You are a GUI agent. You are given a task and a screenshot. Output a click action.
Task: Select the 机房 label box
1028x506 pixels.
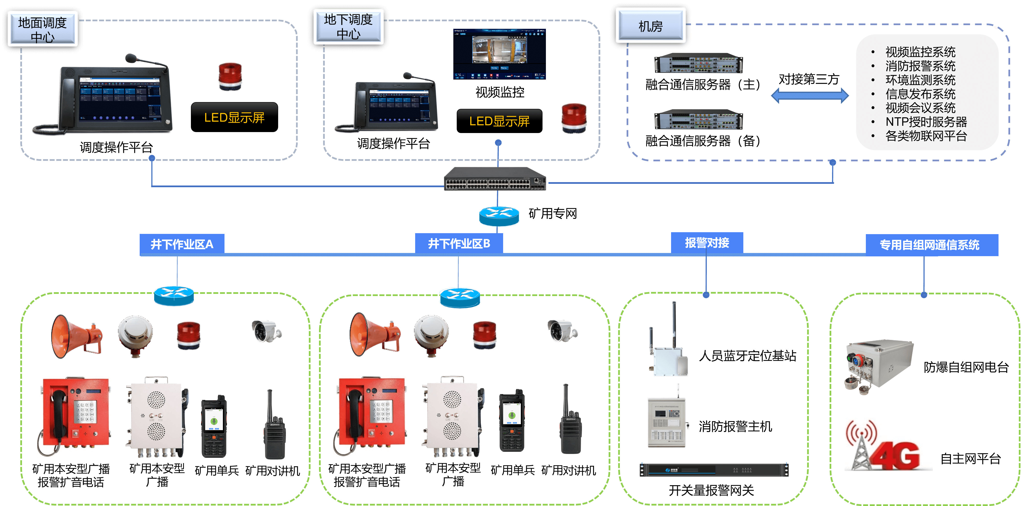click(x=651, y=26)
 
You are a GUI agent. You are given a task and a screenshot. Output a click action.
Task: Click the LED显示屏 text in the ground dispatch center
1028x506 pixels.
click(x=234, y=117)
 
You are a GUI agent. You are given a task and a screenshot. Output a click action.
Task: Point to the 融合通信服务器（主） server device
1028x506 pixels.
click(x=698, y=63)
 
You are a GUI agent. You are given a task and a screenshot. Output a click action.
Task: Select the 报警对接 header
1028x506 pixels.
click(x=707, y=242)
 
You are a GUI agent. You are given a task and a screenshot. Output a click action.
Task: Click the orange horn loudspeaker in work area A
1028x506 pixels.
click(x=76, y=335)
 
